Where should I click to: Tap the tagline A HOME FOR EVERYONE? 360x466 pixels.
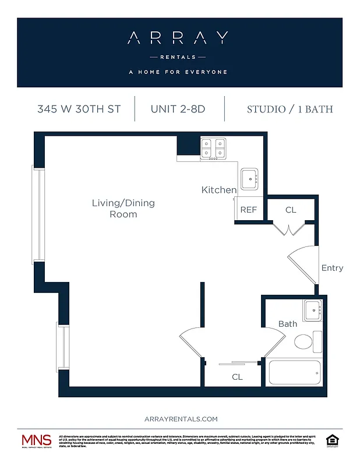pyautogui.click(x=178, y=72)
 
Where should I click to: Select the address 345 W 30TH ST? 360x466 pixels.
pyautogui.click(x=79, y=109)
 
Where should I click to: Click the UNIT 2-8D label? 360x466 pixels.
pyautogui.click(x=178, y=109)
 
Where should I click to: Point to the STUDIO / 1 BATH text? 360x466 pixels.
pyautogui.click(x=290, y=109)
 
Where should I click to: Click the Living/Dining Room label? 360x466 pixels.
pyautogui.click(x=123, y=209)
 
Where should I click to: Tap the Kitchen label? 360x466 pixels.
pyautogui.click(x=219, y=190)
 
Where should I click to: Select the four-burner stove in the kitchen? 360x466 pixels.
pyautogui.click(x=213, y=149)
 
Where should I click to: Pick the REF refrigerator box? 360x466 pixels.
pyautogui.click(x=249, y=210)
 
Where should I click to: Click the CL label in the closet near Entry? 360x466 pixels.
pyautogui.click(x=291, y=210)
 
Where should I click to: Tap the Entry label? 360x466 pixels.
pyautogui.click(x=332, y=268)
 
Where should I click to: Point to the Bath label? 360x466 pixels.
pyautogui.click(x=287, y=324)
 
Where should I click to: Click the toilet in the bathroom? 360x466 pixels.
pyautogui.click(x=308, y=342)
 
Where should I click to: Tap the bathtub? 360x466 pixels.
pyautogui.click(x=295, y=372)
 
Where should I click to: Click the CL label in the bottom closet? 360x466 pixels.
pyautogui.click(x=237, y=377)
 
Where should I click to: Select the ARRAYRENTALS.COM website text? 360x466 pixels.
pyautogui.click(x=181, y=419)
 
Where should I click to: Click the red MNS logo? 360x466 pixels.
pyautogui.click(x=36, y=440)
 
